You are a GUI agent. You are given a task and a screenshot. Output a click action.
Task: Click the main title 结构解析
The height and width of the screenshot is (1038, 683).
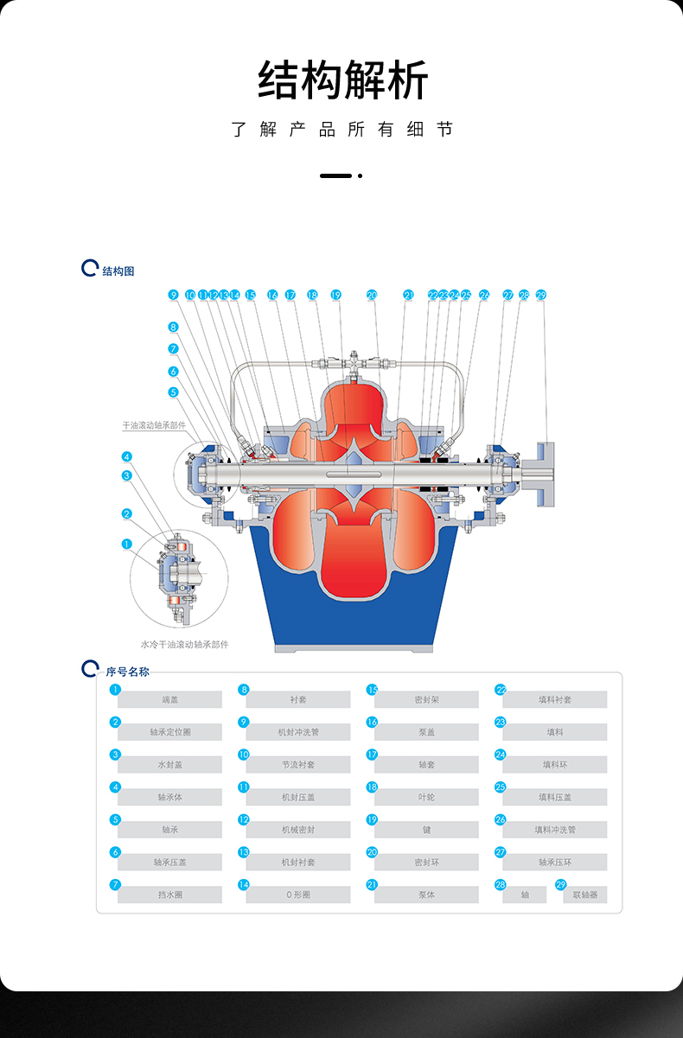(x=342, y=81)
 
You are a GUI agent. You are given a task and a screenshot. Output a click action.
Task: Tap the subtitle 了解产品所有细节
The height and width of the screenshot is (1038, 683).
(x=342, y=130)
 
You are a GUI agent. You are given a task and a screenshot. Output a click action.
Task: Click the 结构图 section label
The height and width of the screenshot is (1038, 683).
(x=118, y=271)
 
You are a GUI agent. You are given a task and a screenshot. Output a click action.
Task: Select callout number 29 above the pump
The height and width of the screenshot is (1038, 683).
(x=541, y=296)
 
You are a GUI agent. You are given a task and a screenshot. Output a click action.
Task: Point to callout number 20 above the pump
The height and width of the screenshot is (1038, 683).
(x=372, y=296)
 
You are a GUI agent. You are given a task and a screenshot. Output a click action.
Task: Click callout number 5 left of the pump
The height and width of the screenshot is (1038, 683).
(x=173, y=392)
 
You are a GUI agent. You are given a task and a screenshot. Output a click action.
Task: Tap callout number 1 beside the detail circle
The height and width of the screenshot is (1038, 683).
(x=127, y=544)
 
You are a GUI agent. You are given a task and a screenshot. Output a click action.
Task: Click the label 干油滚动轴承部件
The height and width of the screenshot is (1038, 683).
(x=154, y=426)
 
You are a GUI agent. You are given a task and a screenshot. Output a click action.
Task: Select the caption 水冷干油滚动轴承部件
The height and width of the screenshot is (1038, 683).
(x=184, y=644)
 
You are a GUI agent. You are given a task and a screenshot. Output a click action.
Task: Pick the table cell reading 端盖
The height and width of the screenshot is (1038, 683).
(x=169, y=699)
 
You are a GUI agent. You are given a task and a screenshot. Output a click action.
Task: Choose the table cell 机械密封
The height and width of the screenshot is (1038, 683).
(x=298, y=830)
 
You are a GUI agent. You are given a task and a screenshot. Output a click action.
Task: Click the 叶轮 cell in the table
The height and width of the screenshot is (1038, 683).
(x=426, y=797)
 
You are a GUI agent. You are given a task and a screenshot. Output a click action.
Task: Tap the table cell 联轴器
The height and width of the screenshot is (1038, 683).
(x=585, y=895)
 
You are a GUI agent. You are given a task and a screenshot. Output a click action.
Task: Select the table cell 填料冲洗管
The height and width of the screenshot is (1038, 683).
(x=555, y=830)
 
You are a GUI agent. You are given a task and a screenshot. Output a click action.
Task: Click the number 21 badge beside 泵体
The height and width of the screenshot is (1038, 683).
(x=372, y=885)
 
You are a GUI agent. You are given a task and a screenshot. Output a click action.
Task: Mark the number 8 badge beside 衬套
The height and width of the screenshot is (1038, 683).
(x=244, y=690)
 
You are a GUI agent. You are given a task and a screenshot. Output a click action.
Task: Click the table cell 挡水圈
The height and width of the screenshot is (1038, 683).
(x=169, y=895)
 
